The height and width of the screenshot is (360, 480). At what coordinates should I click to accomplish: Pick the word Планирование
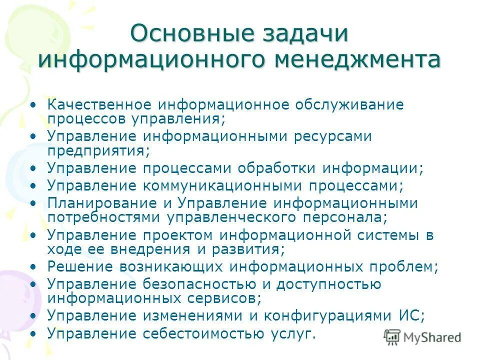[x=99, y=204]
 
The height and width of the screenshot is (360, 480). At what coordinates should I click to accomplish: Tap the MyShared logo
[x=422, y=337]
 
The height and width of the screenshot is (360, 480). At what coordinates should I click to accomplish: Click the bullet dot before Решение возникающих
[x=33, y=266]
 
